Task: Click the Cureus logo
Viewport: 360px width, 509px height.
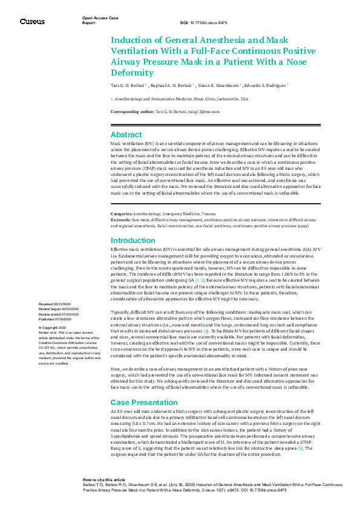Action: click(x=31, y=21)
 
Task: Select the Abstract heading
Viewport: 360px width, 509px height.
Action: click(x=126, y=134)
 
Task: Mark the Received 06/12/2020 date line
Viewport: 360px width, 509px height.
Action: click(x=54, y=303)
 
